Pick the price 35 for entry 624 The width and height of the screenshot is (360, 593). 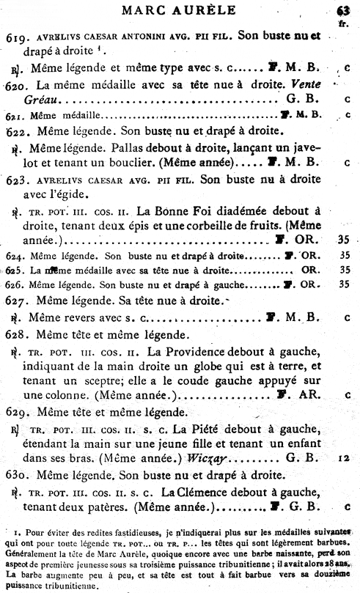[344, 257]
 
